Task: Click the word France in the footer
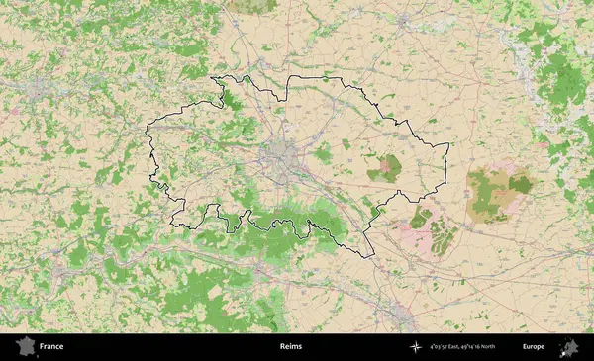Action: [x=51, y=347]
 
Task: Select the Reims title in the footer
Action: [x=290, y=347]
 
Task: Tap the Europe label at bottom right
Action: [x=534, y=347]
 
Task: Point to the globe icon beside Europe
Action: [x=570, y=347]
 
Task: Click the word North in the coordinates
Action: [x=513, y=347]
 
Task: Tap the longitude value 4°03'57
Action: [x=440, y=347]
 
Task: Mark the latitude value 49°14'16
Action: [x=488, y=347]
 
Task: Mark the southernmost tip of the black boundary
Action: [x=374, y=257]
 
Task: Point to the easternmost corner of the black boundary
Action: [x=448, y=144]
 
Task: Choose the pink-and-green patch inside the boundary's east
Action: [x=386, y=167]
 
